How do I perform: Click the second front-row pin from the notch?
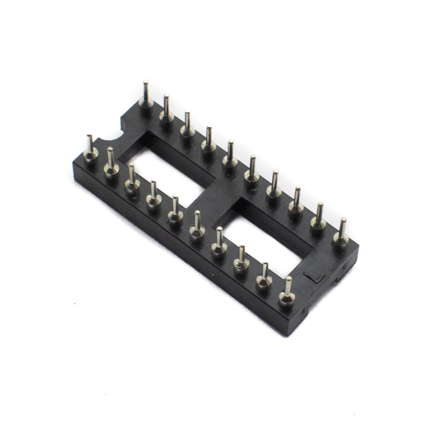(x=110, y=160)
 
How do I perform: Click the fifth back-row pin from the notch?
(x=229, y=154)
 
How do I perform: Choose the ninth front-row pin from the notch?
(x=263, y=277)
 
